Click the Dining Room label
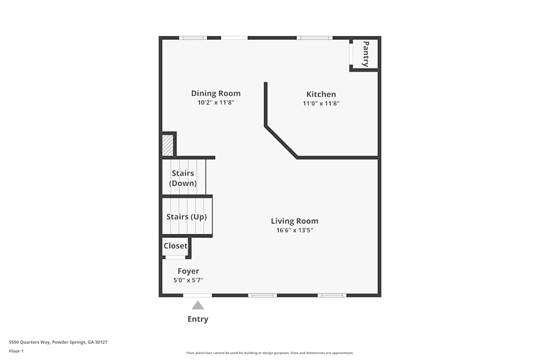[216, 93]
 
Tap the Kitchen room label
[321, 94]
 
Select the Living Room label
[294, 221]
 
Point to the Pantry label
[366, 53]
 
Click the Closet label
[175, 246]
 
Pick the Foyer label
[188, 271]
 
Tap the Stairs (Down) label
[183, 178]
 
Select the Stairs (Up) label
[187, 217]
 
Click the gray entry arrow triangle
[198, 305]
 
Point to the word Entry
[198, 320]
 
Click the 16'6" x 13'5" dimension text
[294, 230]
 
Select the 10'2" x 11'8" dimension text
[216, 103]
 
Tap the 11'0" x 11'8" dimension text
[321, 103]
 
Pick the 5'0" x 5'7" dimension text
[188, 280]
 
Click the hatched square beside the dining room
[168, 145]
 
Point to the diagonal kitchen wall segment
[281, 142]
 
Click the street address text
[58, 342]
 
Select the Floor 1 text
[16, 351]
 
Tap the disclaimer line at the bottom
[269, 353]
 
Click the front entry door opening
[197, 295]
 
